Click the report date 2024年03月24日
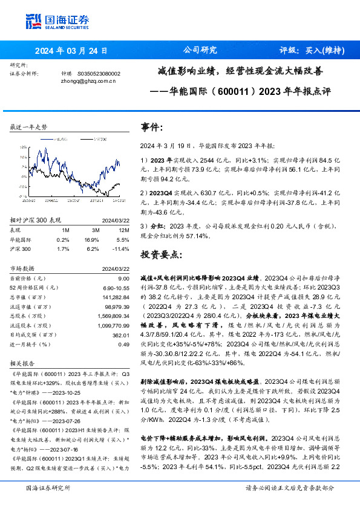(71, 51)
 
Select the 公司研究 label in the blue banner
(200, 51)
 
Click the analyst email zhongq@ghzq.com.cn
(89, 80)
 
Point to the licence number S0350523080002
(100, 73)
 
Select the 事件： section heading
(152, 128)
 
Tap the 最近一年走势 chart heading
(28, 128)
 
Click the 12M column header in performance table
(123, 230)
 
